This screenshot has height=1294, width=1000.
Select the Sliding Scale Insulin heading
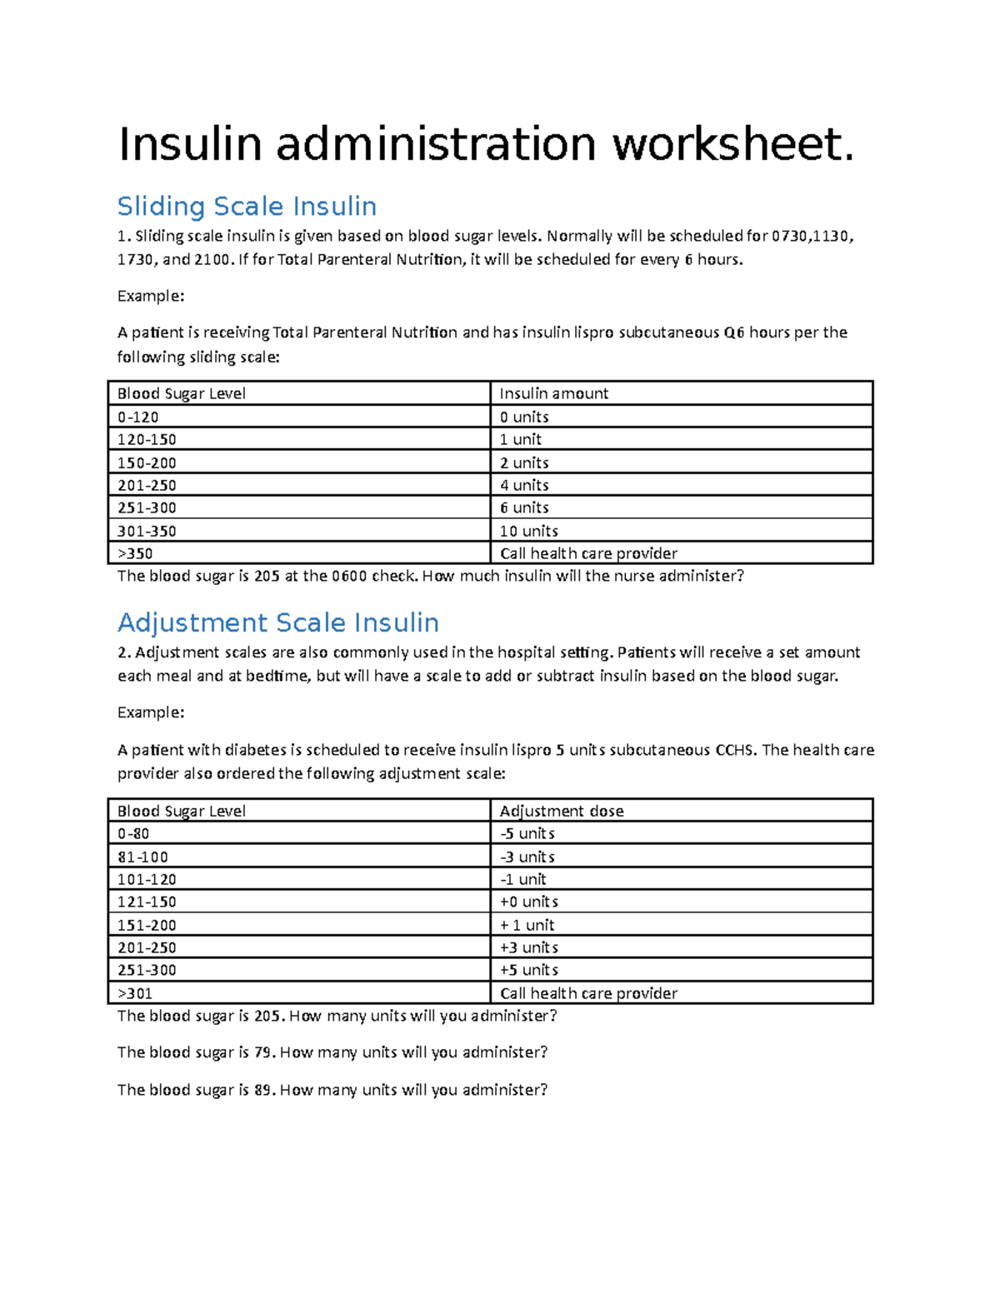pyautogui.click(x=247, y=206)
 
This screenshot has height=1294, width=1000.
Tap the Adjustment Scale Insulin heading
pyautogui.click(x=277, y=622)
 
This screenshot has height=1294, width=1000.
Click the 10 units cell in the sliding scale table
pyautogui.click(x=528, y=531)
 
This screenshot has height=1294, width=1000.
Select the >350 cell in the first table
pyautogui.click(x=135, y=553)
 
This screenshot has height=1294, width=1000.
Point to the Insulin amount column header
pyautogui.click(x=553, y=393)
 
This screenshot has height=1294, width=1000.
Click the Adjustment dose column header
pyautogui.click(x=561, y=811)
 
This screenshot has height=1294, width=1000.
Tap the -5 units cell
pyautogui.click(x=527, y=833)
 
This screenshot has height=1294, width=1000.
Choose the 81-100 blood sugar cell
pyautogui.click(x=142, y=857)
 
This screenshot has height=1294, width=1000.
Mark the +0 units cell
pyautogui.click(x=528, y=902)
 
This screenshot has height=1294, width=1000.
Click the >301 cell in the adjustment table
pyautogui.click(x=135, y=993)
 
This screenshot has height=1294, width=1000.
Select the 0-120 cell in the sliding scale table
pyautogui.click(x=138, y=417)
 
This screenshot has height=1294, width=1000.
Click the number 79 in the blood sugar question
pyautogui.click(x=263, y=1052)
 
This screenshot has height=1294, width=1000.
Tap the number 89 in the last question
pyautogui.click(x=263, y=1090)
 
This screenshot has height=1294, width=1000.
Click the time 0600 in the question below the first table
pyautogui.click(x=349, y=576)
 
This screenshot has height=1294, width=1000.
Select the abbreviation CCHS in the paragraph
pyautogui.click(x=735, y=750)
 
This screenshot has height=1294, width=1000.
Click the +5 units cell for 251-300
pyautogui.click(x=528, y=970)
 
